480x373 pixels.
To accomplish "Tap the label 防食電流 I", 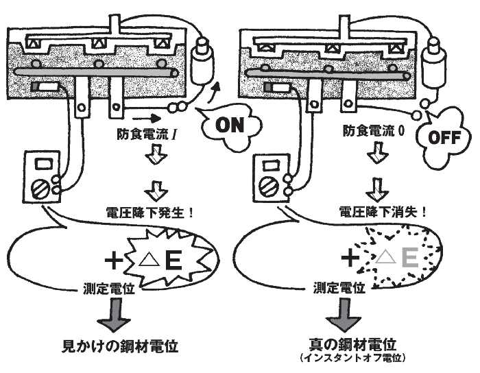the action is pyautogui.click(x=147, y=134).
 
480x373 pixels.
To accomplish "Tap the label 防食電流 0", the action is pyautogui.click(x=374, y=131).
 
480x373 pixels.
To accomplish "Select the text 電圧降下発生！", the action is pyautogui.click(x=150, y=213).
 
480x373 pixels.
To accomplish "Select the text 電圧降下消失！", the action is pyautogui.click(x=383, y=211).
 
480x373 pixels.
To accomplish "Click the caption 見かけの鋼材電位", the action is pyautogui.click(x=120, y=346).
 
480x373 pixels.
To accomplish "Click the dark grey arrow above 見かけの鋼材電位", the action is pyautogui.click(x=114, y=315).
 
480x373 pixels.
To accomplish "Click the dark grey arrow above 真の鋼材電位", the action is pyautogui.click(x=344, y=315).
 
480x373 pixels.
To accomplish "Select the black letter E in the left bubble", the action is pyautogui.click(x=173, y=261).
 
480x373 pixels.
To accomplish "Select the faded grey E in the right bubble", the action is pyautogui.click(x=410, y=257).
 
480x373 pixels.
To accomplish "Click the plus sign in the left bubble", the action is pyautogui.click(x=114, y=261).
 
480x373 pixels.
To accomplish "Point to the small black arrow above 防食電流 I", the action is pyautogui.click(x=147, y=118).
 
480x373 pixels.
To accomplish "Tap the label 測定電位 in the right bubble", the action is pyautogui.click(x=339, y=288).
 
